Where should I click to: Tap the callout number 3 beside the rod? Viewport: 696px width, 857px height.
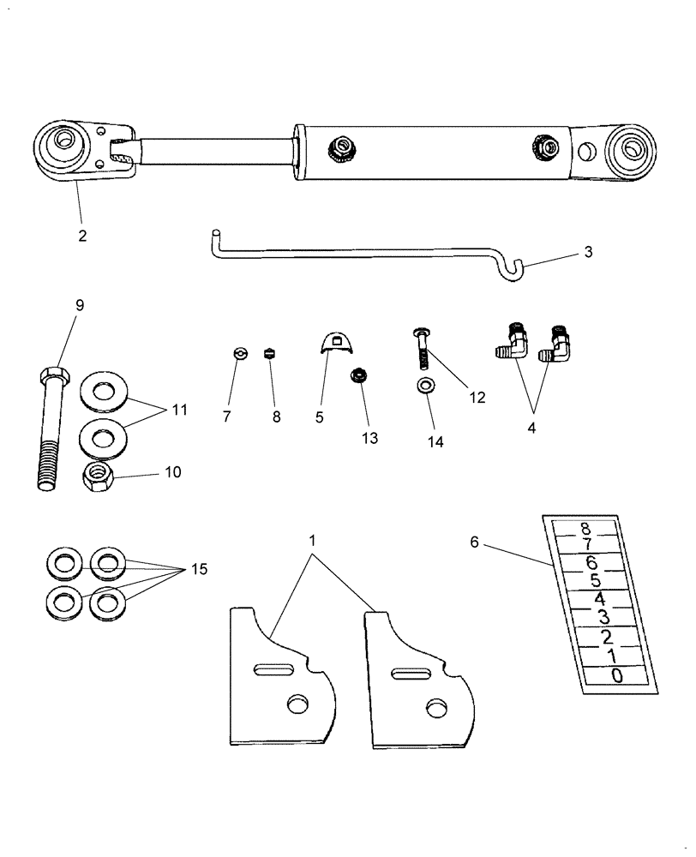coord(588,252)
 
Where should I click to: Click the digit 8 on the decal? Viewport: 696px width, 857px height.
coord(585,529)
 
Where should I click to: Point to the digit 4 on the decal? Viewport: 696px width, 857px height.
coord(601,599)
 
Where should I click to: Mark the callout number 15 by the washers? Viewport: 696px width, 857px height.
coord(199,569)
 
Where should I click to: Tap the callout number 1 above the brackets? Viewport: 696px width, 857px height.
coord(312,542)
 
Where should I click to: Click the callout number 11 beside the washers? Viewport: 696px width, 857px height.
coord(178,410)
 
